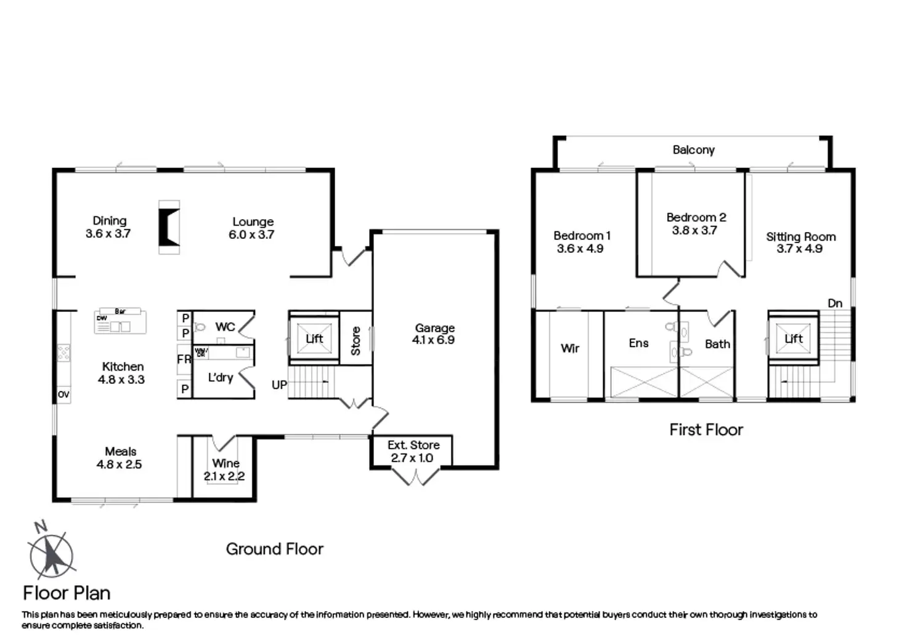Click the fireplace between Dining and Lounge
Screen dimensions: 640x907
[x=169, y=227]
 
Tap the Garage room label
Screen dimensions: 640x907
[x=434, y=328]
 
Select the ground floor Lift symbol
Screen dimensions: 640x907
[x=314, y=338]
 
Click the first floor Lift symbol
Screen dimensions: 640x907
[x=793, y=338]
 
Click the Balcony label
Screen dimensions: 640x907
[x=693, y=150]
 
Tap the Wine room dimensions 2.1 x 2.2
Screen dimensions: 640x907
[x=224, y=476]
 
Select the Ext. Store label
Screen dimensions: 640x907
[x=413, y=445]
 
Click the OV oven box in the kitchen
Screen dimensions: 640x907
[x=63, y=394]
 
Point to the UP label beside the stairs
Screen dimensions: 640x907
[x=279, y=385]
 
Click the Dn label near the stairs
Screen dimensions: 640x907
[x=835, y=303]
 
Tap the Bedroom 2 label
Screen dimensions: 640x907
[x=696, y=217]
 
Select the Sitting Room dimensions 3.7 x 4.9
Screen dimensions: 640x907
[x=799, y=249]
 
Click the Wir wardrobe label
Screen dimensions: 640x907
[x=570, y=348]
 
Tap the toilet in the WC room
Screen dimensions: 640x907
[x=199, y=327]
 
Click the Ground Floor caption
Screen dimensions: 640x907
[x=274, y=549]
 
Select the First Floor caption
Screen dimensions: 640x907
[x=706, y=430]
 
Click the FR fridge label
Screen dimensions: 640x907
[x=184, y=359]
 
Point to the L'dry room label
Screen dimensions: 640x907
[x=221, y=377]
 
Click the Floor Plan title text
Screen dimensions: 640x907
[x=67, y=593]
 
